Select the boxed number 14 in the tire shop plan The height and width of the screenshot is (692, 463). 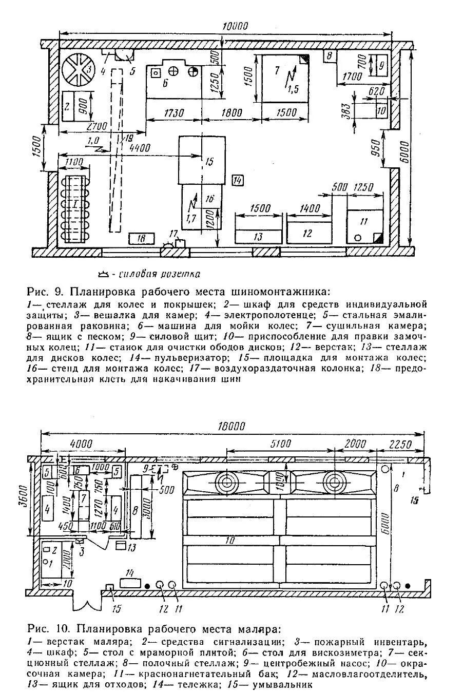pyautogui.click(x=238, y=180)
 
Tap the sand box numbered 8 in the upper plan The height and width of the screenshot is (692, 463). pyautogui.click(x=330, y=55)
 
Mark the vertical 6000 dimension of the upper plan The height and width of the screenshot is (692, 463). pyautogui.click(x=404, y=149)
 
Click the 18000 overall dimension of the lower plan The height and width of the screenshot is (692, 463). pyautogui.click(x=231, y=426)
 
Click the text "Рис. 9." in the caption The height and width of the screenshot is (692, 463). pyautogui.click(x=44, y=292)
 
